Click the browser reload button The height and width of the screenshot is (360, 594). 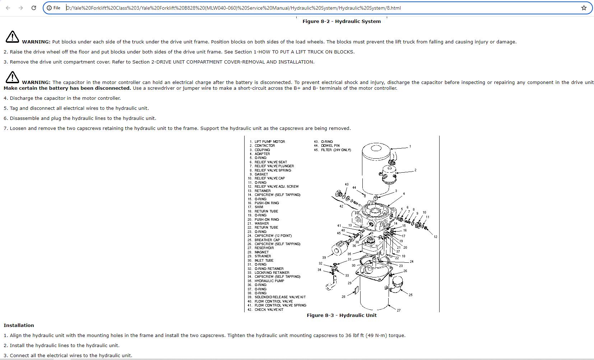pyautogui.click(x=34, y=8)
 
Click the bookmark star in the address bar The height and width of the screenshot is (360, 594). pyautogui.click(x=584, y=8)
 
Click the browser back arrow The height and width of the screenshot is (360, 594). pyautogui.click(x=8, y=8)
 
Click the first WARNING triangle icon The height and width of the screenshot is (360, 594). pyautogui.click(x=12, y=37)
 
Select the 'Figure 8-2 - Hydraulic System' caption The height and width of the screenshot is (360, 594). pyautogui.click(x=341, y=22)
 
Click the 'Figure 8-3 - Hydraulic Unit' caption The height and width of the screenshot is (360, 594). pyautogui.click(x=341, y=315)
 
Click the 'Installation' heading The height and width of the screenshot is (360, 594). pyautogui.click(x=19, y=326)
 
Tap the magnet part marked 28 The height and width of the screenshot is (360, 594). pyautogui.click(x=356, y=290)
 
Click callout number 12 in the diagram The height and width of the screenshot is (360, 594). pyautogui.click(x=435, y=237)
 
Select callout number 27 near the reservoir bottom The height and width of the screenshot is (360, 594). pyautogui.click(x=399, y=310)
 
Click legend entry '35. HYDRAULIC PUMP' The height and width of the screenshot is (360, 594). pyautogui.click(x=269, y=281)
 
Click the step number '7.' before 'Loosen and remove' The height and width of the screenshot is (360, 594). pyautogui.click(x=6, y=128)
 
